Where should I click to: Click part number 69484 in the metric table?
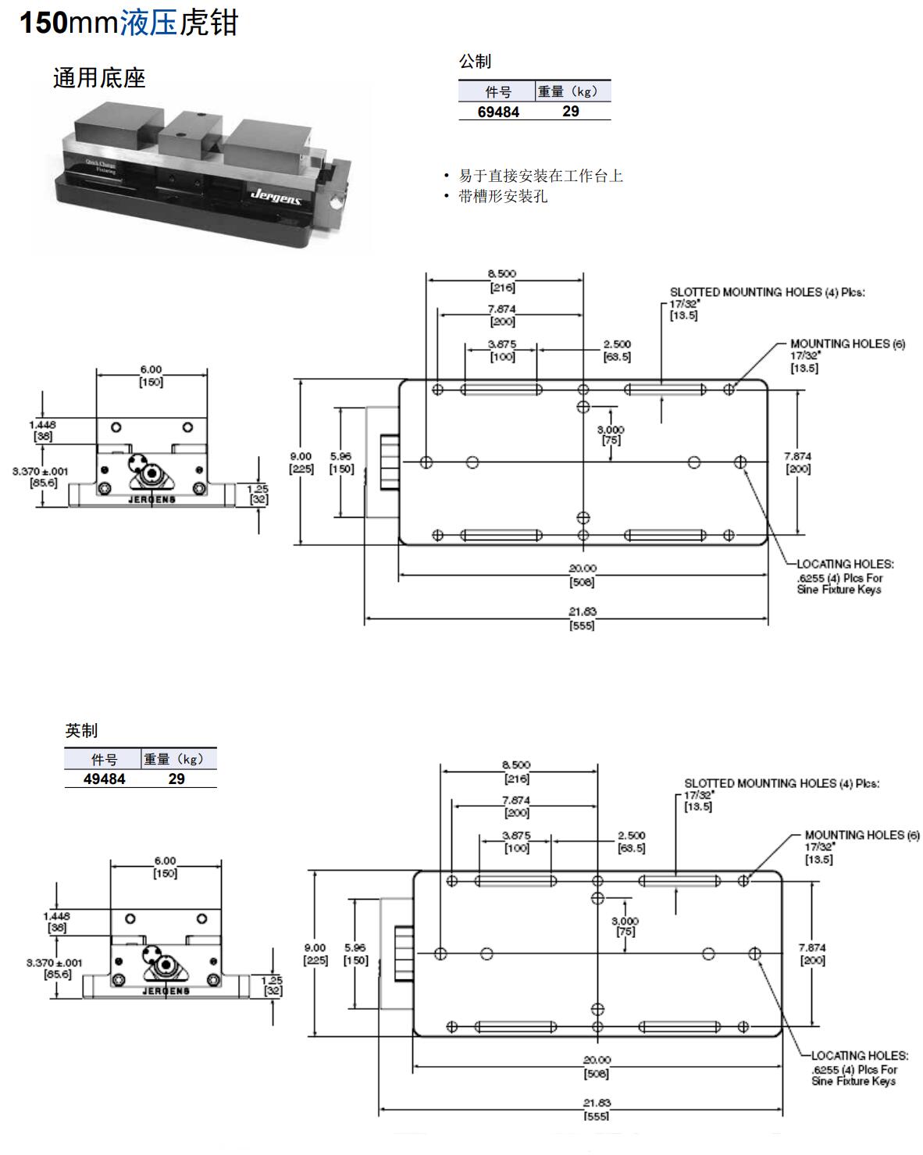click(498, 112)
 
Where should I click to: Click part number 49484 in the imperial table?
click(104, 779)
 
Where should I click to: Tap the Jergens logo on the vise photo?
click(276, 194)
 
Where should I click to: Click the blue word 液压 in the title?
click(149, 23)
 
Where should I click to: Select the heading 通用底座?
click(99, 78)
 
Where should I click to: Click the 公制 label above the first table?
click(475, 61)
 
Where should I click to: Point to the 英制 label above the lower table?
click(81, 731)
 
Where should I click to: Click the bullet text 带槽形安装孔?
click(503, 197)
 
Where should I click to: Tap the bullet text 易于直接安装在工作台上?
click(540, 176)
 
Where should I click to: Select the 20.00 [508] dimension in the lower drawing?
click(597, 1067)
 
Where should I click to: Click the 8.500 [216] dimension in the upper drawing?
click(502, 280)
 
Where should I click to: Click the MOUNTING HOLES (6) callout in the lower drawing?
click(861, 835)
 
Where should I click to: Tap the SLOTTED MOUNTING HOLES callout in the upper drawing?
click(767, 292)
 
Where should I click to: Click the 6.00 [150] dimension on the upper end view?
click(151, 376)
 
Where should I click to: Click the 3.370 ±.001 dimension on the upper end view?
click(40, 477)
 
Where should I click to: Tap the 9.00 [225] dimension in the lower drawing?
click(315, 954)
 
